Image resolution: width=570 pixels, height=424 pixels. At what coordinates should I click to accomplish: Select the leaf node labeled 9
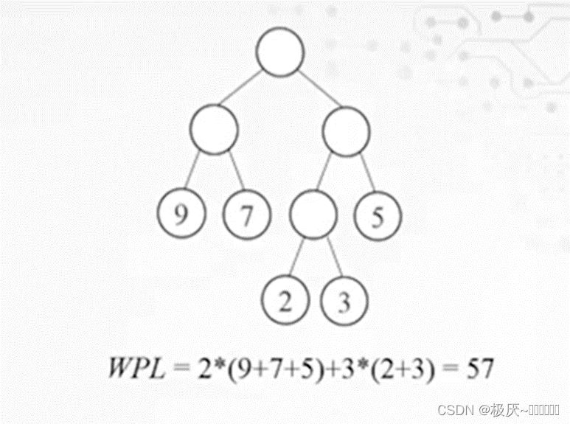(x=181, y=215)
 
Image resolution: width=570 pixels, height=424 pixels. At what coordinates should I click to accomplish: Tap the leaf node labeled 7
(x=247, y=215)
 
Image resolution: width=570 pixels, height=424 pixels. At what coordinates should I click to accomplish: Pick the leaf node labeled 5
(x=378, y=215)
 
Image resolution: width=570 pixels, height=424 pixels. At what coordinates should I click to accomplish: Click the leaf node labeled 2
(x=284, y=301)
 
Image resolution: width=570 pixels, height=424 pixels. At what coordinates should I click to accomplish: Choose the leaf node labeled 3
(x=344, y=301)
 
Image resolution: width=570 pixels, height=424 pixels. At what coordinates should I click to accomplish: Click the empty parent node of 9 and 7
(x=214, y=130)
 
